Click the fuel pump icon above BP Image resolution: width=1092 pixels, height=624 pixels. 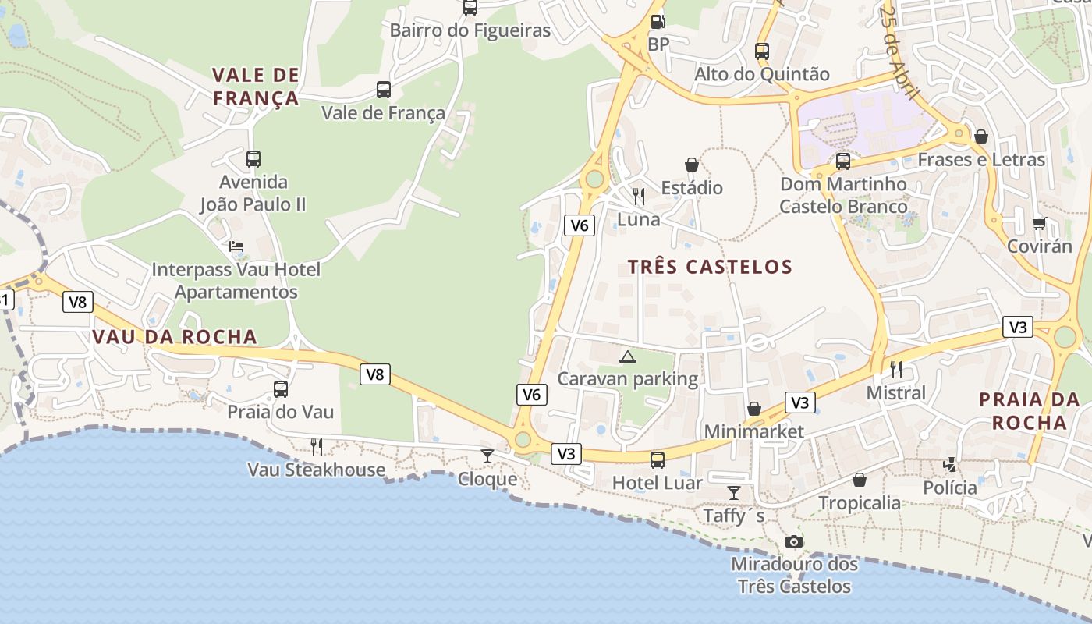pos(658,22)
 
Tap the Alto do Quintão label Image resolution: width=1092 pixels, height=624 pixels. pos(762,74)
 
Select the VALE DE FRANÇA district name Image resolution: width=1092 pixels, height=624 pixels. pos(256,87)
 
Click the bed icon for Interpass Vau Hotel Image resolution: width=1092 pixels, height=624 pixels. pos(236,246)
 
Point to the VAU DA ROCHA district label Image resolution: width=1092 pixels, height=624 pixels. pos(174,337)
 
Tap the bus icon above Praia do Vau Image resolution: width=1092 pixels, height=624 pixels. pos(281,388)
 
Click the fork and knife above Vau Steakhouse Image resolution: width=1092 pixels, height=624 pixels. pos(317,446)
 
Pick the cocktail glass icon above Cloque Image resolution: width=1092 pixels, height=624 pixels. pos(487,456)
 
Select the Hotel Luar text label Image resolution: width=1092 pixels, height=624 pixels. pos(657,483)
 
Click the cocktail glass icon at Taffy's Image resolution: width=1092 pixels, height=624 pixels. pos(734,492)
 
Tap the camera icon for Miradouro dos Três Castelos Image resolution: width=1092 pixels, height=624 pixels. pos(793,541)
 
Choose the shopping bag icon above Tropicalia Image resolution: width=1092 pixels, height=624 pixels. pos(860,480)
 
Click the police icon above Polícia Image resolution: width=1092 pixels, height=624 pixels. pos(950,465)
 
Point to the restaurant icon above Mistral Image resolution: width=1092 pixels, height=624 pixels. pos(896,369)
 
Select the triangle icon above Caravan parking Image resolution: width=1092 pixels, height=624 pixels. pos(627,357)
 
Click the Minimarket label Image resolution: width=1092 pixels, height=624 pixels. pos(753,431)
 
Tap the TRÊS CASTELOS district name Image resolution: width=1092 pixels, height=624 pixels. pos(710,267)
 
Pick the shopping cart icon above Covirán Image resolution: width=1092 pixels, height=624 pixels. pos(1039,224)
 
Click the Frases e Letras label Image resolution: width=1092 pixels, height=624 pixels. pos(980,160)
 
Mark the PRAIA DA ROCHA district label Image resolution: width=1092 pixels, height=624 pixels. pos(1023,411)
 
